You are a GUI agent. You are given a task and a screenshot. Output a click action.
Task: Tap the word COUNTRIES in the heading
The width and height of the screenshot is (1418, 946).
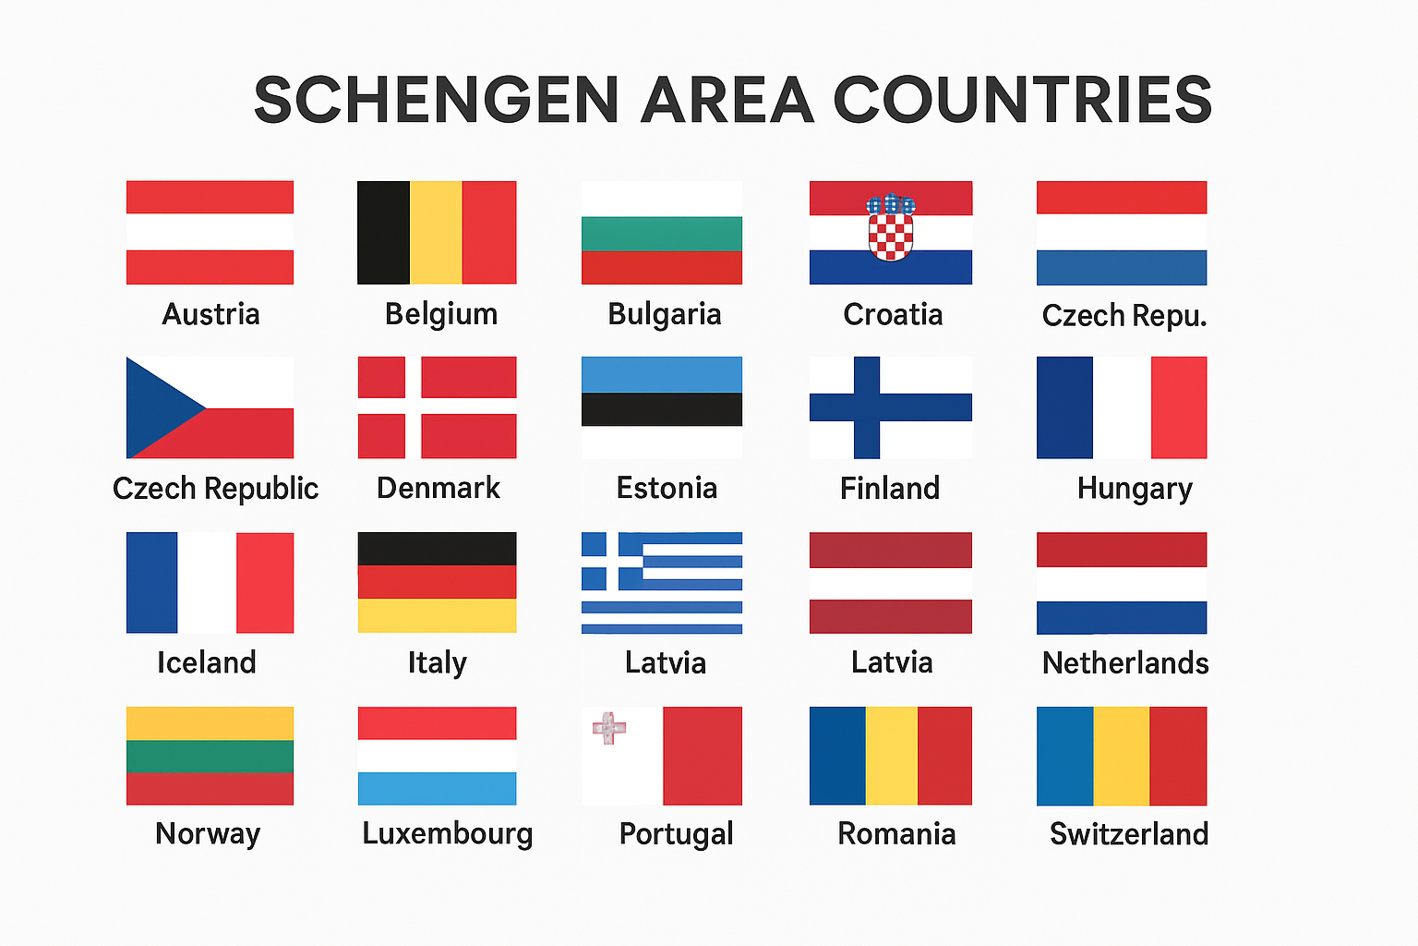1023,100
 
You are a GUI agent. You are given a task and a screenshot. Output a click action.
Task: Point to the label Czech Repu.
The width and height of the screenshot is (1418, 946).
1124,315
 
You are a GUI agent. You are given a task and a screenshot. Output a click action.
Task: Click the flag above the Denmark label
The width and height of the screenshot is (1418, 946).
437,407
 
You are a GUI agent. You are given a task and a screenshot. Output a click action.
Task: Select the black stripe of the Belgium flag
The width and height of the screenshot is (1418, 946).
383,233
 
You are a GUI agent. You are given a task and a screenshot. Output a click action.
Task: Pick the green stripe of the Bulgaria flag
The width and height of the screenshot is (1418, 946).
662,234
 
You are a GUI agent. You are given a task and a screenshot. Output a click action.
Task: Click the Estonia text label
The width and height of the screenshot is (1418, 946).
667,488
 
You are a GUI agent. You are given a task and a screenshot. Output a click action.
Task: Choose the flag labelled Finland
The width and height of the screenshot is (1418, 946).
891,407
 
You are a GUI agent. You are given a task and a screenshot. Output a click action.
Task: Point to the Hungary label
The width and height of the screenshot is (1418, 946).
1135,488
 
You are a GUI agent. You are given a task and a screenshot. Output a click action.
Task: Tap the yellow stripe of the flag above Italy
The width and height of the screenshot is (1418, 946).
437,615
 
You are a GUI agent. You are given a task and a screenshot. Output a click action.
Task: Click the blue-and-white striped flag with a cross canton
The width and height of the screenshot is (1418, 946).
662,583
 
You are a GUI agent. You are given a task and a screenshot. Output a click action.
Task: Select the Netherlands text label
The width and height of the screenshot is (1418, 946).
1125,662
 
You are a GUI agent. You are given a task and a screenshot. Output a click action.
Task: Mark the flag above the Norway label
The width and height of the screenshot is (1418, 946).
210,756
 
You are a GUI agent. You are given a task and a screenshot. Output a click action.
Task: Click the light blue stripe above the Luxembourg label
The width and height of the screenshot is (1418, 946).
437,789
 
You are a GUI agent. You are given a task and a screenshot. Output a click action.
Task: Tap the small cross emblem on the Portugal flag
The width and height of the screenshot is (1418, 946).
609,728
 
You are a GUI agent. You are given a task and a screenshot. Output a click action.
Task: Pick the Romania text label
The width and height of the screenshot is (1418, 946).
896,833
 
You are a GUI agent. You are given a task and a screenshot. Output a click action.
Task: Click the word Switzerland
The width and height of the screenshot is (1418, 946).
1129,834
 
